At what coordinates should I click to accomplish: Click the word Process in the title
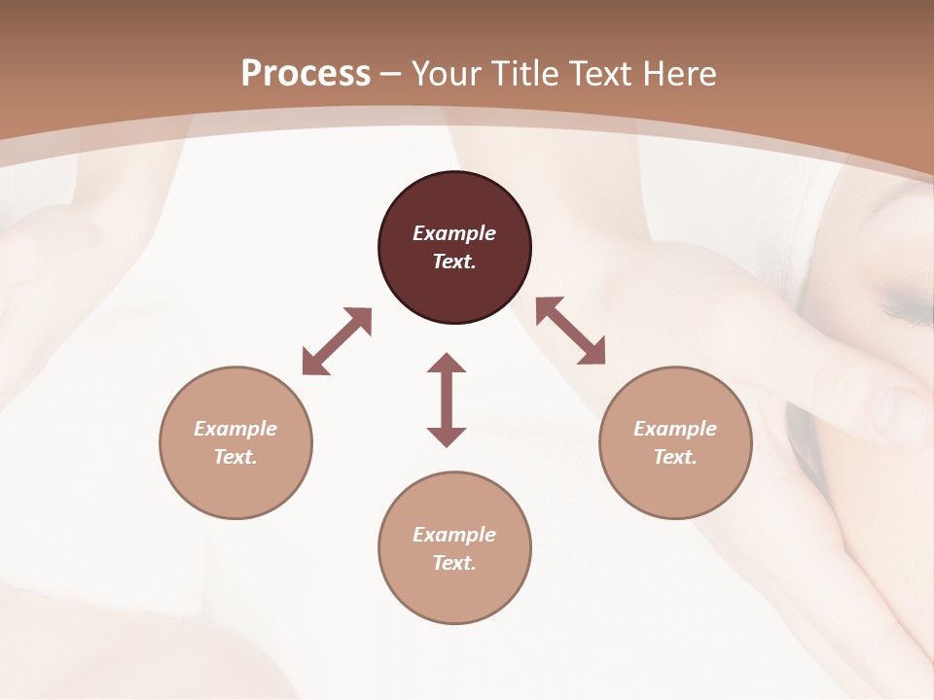(305, 74)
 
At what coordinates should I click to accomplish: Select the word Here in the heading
(677, 74)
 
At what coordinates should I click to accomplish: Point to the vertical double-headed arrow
(447, 400)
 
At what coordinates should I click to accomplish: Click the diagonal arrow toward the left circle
(337, 341)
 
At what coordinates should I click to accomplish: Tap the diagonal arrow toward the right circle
(571, 331)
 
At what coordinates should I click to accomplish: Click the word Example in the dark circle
(454, 233)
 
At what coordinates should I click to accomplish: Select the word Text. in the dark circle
(454, 262)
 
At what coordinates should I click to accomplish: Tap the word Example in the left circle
(235, 429)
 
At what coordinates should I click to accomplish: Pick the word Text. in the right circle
(675, 457)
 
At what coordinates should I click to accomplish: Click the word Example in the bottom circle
(454, 535)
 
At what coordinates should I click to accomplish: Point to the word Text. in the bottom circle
(454, 563)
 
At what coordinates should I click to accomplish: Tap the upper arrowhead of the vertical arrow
(447, 364)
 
